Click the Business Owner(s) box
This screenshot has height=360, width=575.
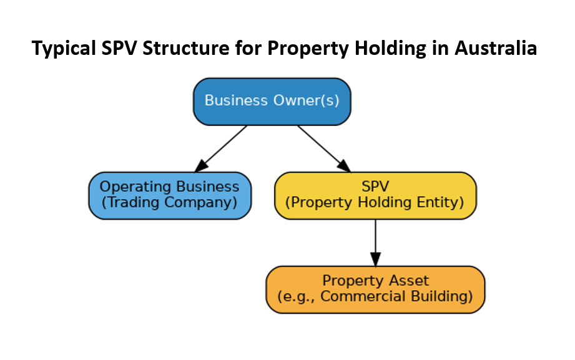pos(272,101)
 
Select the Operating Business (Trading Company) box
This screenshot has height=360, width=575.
pos(169,195)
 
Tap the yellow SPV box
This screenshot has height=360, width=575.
pos(375,195)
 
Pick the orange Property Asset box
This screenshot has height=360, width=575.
pos(375,289)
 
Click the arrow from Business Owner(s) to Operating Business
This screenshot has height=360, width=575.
pos(222,147)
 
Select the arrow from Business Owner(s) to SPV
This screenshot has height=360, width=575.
pos(322,147)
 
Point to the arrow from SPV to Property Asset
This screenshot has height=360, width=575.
pos(375,240)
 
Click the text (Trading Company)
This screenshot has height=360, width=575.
pos(169,203)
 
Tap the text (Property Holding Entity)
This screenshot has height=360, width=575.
pos(375,203)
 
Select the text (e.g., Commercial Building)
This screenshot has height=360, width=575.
pos(375,296)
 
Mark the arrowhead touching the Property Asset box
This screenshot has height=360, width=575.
pos(375,259)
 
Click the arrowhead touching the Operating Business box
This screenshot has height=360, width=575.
pos(201,165)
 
